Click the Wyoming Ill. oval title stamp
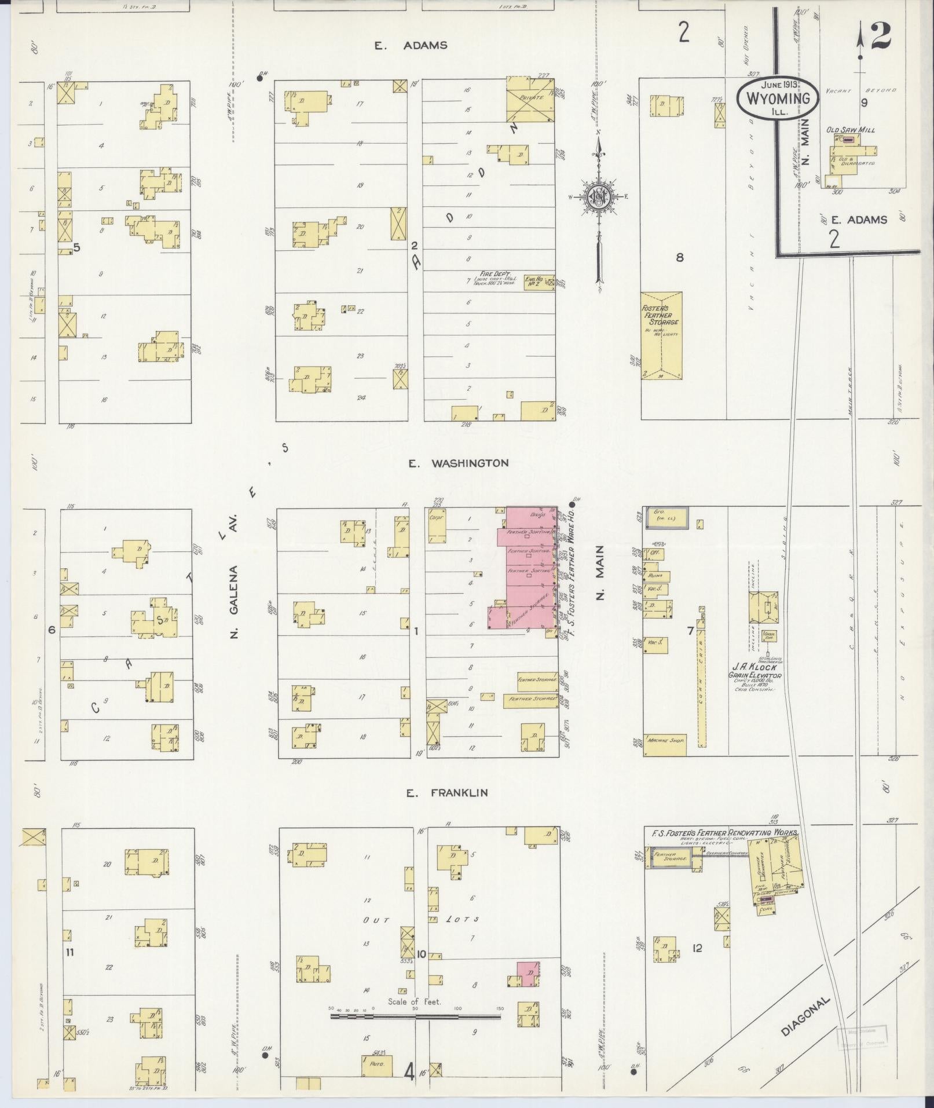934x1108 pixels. point(777,98)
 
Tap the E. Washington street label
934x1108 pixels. point(458,463)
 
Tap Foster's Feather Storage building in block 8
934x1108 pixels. point(662,335)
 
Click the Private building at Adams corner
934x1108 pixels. point(530,98)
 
